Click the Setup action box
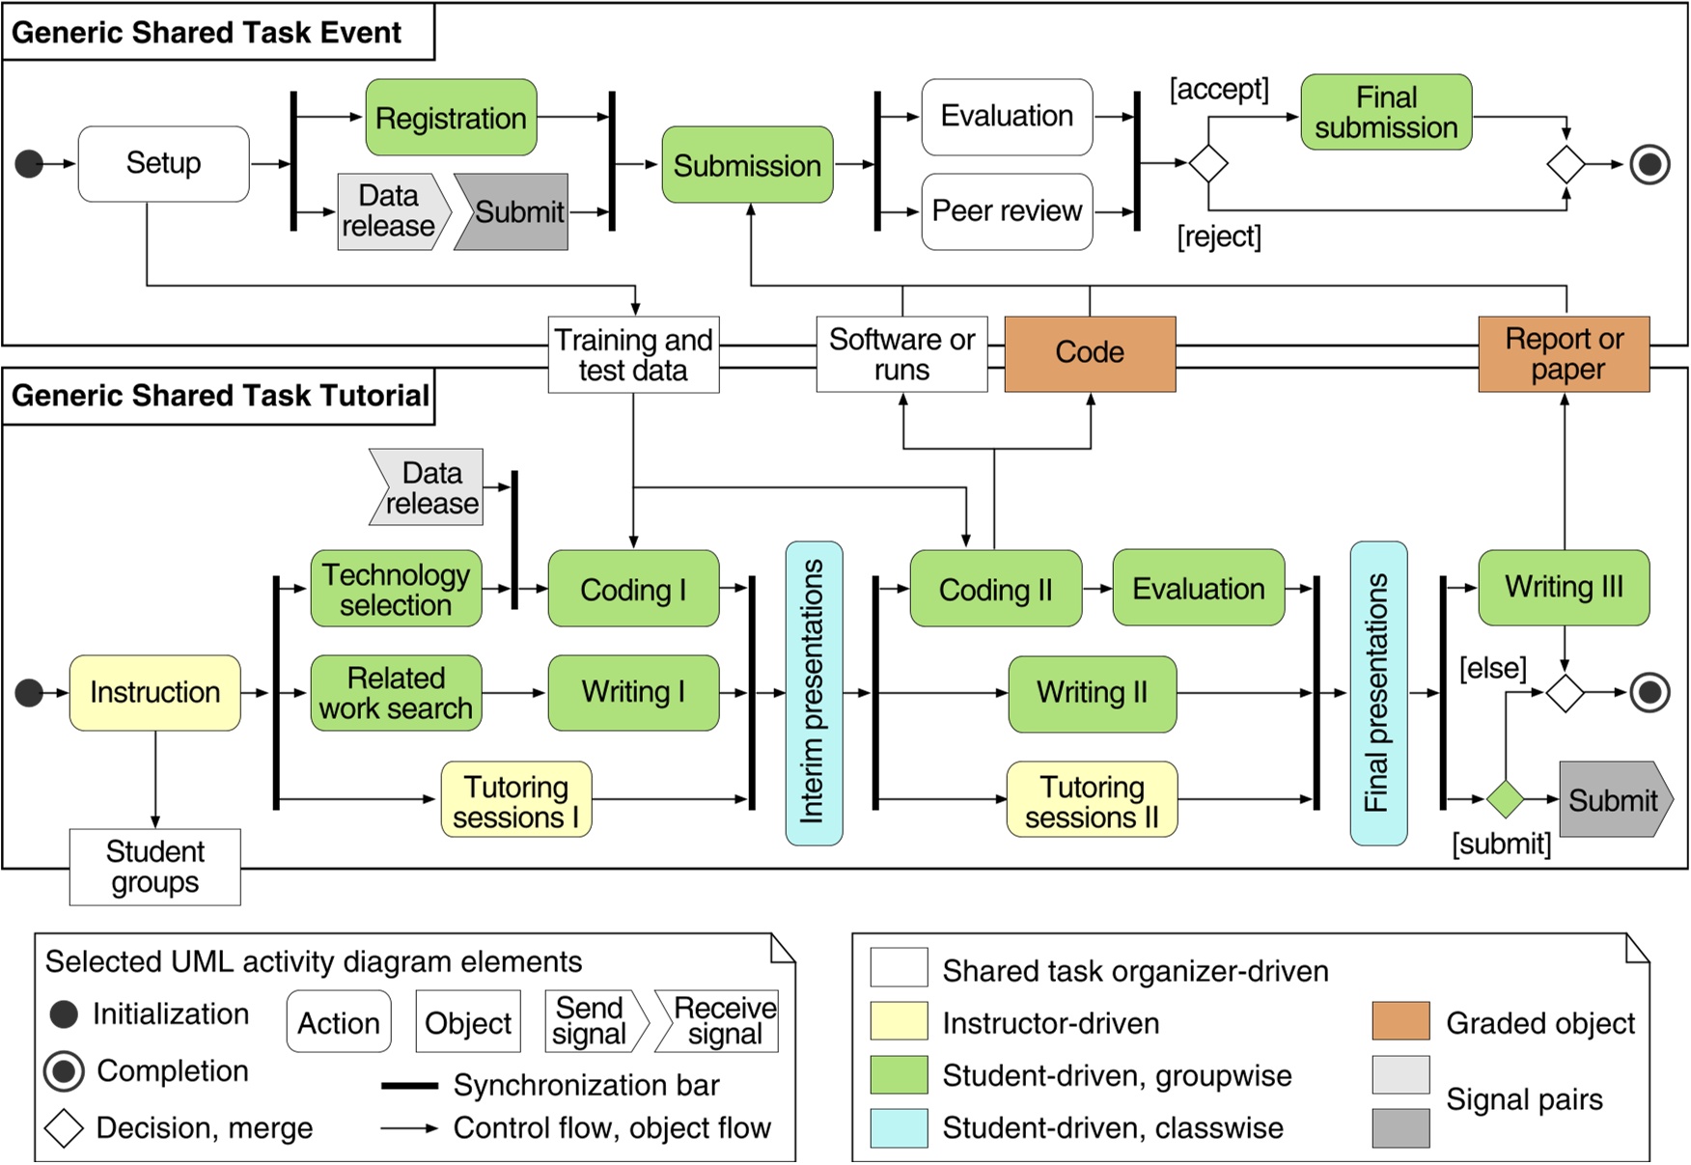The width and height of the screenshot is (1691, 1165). pyautogui.click(x=163, y=163)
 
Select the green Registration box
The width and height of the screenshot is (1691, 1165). pyautogui.click(x=451, y=118)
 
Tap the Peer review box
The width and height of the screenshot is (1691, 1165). pyautogui.click(x=1007, y=211)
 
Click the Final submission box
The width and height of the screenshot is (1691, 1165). pyautogui.click(x=1386, y=113)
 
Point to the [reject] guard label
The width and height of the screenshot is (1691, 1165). pyautogui.click(x=1218, y=236)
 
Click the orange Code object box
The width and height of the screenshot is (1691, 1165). pyautogui.click(x=1090, y=353)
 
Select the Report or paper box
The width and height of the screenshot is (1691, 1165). pyautogui.click(x=1564, y=353)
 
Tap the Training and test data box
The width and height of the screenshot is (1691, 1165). pyautogui.click(x=633, y=354)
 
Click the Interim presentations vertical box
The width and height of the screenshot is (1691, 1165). pyautogui.click(x=814, y=693)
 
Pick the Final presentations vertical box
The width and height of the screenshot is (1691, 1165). pyautogui.click(x=1378, y=693)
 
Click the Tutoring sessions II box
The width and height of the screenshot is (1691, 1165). pyautogui.click(x=1092, y=800)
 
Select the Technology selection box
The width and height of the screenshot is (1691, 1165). pyautogui.click(x=396, y=589)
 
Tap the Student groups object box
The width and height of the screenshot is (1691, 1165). pyautogui.click(x=154, y=867)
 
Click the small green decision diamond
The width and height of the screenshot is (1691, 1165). pyautogui.click(x=1505, y=799)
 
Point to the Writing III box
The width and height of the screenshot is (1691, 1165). pyautogui.click(x=1564, y=587)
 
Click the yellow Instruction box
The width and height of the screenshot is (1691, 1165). pyautogui.click(x=154, y=692)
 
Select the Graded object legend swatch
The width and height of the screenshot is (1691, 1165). pyautogui.click(x=1400, y=1021)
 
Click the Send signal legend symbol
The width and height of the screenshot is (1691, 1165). pyautogui.click(x=590, y=1021)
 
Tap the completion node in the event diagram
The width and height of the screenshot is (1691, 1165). pyautogui.click(x=1649, y=164)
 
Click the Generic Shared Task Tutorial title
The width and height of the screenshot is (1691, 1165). pyautogui.click(x=220, y=396)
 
